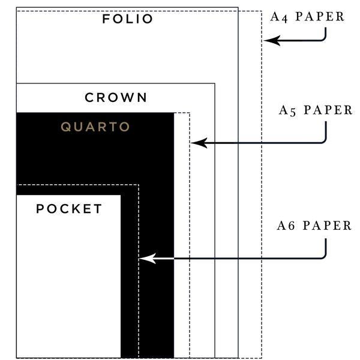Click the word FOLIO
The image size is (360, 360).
click(128, 19)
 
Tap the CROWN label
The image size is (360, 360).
click(116, 97)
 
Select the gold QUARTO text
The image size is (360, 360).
click(95, 127)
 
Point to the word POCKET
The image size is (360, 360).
click(69, 209)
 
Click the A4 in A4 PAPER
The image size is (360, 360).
click(278, 17)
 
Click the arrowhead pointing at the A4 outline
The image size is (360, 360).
click(270, 41)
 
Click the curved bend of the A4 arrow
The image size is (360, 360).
click(323, 38)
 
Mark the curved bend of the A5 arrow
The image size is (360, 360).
click(323, 139)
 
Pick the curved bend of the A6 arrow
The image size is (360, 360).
click(323, 255)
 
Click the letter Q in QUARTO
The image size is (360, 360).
click(66, 127)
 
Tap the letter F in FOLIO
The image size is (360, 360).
click(106, 19)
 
